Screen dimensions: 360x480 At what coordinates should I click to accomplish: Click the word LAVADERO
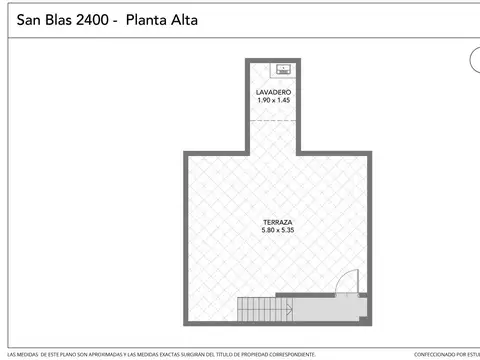tap(273, 92)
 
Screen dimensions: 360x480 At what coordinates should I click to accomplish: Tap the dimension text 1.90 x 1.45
tap(273, 101)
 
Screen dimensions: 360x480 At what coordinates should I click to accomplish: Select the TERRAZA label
tap(278, 221)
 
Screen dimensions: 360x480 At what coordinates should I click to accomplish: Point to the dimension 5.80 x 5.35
tap(278, 230)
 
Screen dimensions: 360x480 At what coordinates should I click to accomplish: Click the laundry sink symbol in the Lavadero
tap(283, 69)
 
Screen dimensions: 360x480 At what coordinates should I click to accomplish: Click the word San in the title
tap(30, 19)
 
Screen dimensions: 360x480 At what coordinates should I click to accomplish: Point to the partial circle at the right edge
tap(474, 60)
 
